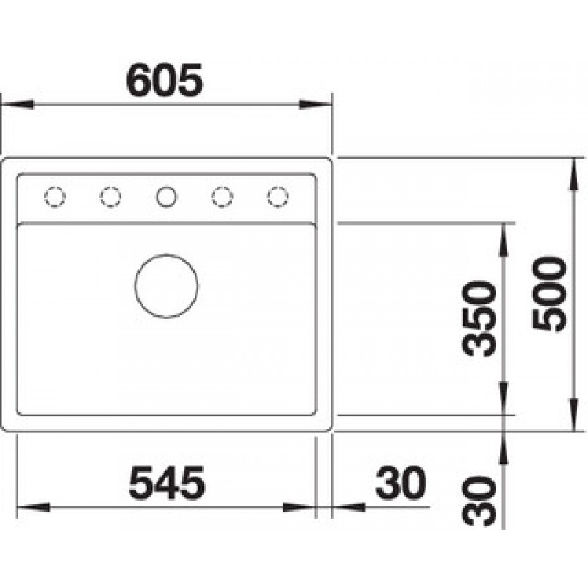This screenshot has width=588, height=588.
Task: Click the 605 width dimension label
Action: click(x=165, y=80)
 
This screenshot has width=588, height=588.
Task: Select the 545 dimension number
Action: click(x=167, y=483)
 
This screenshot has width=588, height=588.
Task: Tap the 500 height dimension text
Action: click(x=550, y=294)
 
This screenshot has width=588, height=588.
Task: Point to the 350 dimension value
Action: click(x=479, y=319)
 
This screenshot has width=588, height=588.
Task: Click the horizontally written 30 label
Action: click(x=401, y=483)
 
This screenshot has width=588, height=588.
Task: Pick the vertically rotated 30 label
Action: click(x=479, y=501)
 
